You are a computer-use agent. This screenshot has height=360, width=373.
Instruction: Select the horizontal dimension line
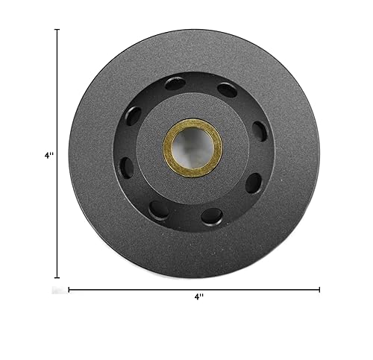[194, 289]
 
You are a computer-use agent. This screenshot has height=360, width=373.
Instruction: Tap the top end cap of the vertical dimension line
[58, 30]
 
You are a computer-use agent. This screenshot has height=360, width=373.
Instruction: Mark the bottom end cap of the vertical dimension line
[58, 275]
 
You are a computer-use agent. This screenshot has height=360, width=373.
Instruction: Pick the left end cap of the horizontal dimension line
[69, 289]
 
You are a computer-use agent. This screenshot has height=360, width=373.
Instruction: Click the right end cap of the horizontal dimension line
[320, 289]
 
